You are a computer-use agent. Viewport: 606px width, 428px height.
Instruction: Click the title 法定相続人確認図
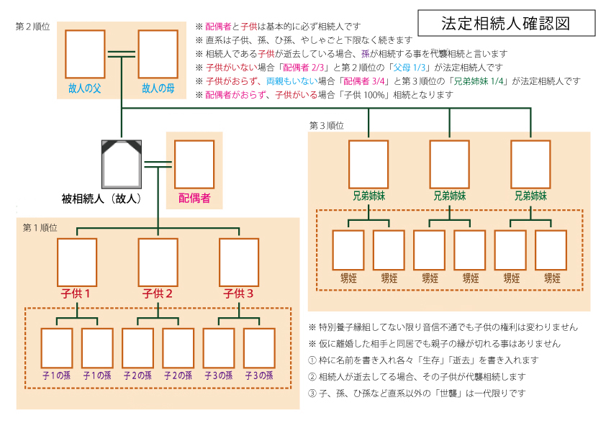tap(506, 24)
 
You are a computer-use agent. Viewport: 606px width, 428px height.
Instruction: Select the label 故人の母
tap(158, 88)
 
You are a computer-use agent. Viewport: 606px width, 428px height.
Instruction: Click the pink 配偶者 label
tap(194, 198)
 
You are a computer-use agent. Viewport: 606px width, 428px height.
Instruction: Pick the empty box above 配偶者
tap(194, 165)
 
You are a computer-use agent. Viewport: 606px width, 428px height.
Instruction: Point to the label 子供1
tap(77, 293)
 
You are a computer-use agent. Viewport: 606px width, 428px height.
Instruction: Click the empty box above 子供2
tap(158, 263)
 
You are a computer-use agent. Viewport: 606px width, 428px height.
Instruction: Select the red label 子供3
tap(239, 293)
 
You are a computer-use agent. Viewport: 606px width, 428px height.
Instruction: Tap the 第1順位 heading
tap(40, 227)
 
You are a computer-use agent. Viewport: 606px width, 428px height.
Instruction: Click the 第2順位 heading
tap(33, 27)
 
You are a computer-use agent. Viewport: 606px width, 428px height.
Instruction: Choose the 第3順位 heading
tap(327, 126)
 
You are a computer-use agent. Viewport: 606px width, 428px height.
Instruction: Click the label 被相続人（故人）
tap(101, 198)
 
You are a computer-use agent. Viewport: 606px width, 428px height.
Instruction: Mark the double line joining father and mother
tap(122, 54)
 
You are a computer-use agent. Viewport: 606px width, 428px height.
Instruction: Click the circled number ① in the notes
tap(312, 360)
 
